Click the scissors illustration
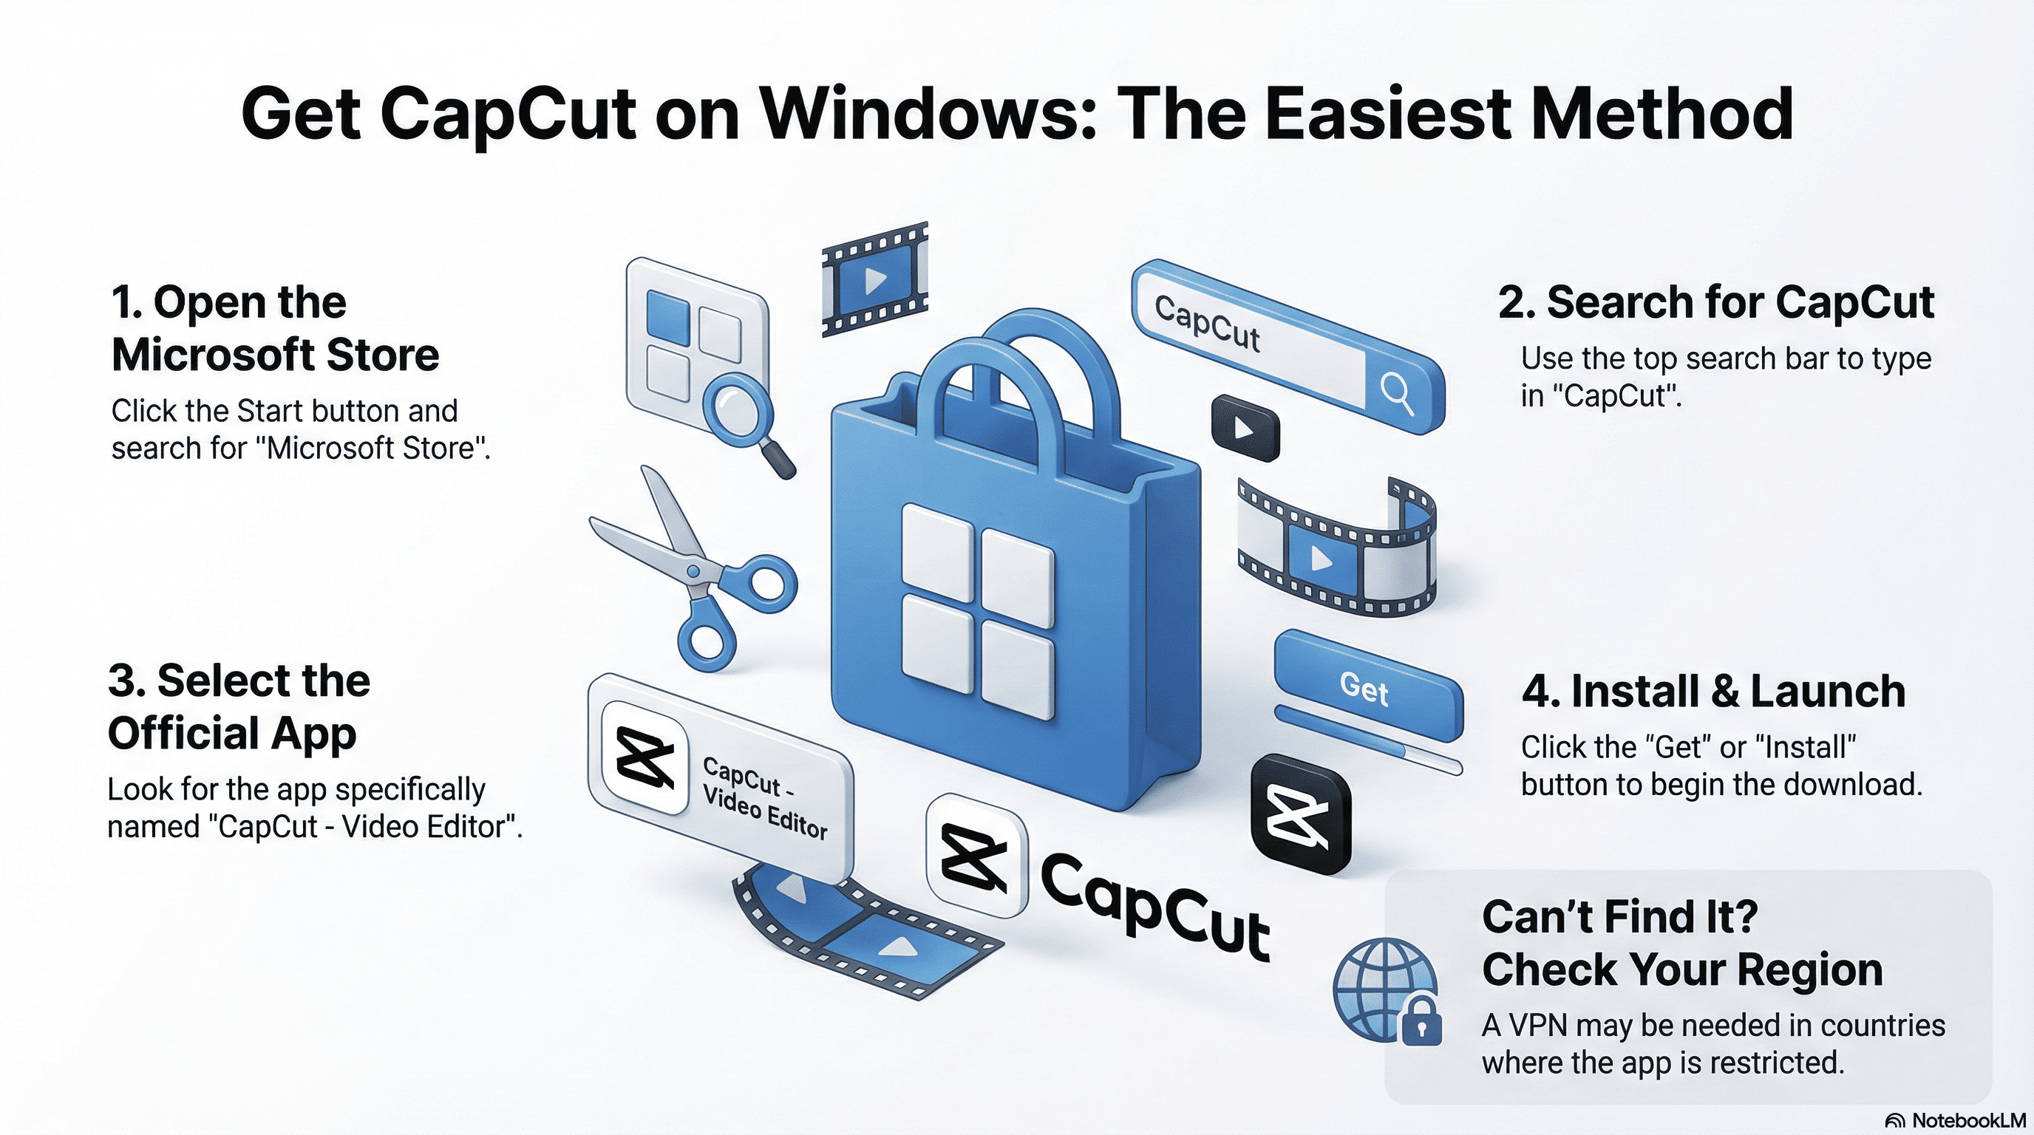[x=695, y=568]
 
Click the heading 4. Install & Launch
[x=1712, y=692]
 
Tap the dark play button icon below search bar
[x=1245, y=428]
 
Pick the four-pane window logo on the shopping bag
[x=978, y=612]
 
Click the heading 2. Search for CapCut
[x=1715, y=302]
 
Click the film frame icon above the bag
[x=874, y=279]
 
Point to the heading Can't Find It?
[x=1619, y=916]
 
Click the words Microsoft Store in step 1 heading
[x=275, y=355]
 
